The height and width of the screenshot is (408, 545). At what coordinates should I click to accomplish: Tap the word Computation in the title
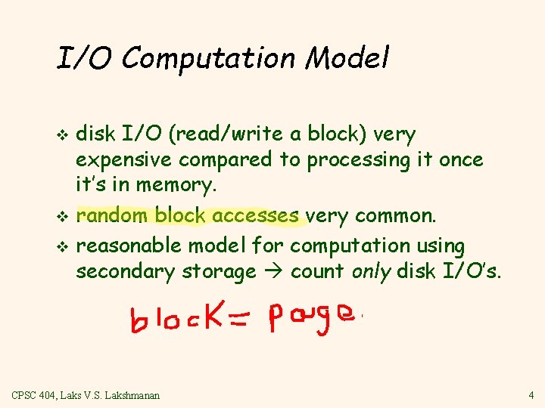click(x=201, y=59)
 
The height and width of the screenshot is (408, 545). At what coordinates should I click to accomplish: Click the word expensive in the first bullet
click(x=124, y=160)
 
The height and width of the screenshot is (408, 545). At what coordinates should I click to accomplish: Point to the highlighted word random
click(x=114, y=215)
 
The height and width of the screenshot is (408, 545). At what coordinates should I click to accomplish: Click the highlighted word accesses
click(x=255, y=215)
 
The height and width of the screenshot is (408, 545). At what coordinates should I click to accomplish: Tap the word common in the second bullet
click(x=394, y=215)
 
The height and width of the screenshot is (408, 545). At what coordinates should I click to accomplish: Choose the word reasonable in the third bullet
click(x=129, y=246)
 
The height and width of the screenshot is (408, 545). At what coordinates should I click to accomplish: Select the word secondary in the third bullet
click(x=123, y=271)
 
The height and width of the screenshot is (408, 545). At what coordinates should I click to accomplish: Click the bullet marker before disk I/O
click(x=63, y=136)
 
